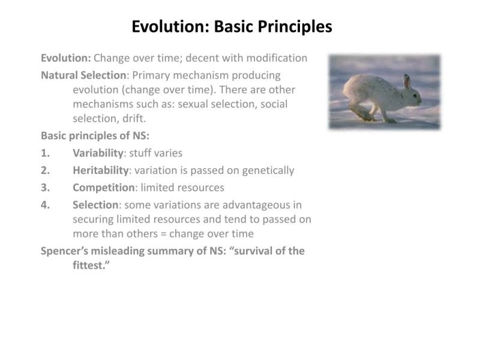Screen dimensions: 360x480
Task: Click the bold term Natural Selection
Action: coord(83,76)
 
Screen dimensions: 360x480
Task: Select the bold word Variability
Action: coord(98,153)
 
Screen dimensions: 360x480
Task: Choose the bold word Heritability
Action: coord(101,170)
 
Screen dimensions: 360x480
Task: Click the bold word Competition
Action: coord(104,187)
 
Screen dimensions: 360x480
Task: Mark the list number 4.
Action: coord(45,205)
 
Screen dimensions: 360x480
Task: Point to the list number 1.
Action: coord(45,153)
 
